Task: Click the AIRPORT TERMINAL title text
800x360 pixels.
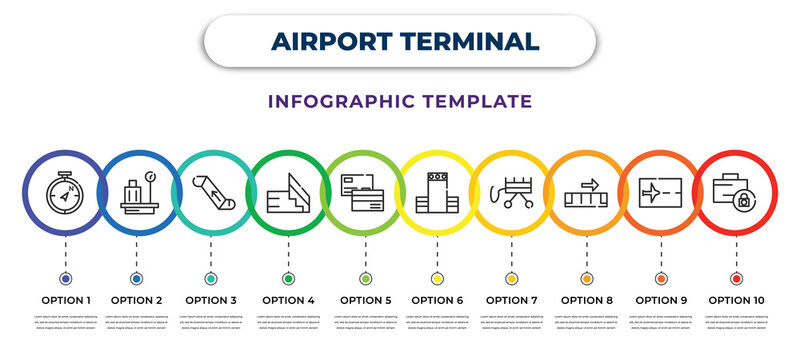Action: pyautogui.click(x=399, y=41)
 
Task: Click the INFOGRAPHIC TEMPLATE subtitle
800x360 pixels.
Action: pyautogui.click(x=400, y=101)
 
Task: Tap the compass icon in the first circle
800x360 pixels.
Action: pyautogui.click(x=65, y=192)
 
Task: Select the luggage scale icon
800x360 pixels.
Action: pyautogui.click(x=138, y=192)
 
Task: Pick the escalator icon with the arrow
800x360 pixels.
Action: pyautogui.click(x=212, y=190)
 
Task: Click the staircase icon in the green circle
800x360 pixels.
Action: pyautogui.click(x=288, y=192)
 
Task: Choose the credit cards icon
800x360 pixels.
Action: pyautogui.click(x=364, y=192)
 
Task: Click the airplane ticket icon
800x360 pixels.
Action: pyautogui.click(x=661, y=192)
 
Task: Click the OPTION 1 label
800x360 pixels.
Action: pyautogui.click(x=65, y=299)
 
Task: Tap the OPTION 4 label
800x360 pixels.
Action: pyautogui.click(x=288, y=299)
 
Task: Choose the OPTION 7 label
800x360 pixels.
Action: pyautogui.click(x=512, y=299)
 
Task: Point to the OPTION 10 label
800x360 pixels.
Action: pyautogui.click(x=736, y=299)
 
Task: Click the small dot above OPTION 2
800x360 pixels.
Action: pyautogui.click(x=136, y=278)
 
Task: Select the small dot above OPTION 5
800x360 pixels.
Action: pyautogui.click(x=365, y=278)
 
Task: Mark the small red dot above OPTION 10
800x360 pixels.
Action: pyautogui.click(x=736, y=278)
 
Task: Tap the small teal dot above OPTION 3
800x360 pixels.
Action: pyautogui.click(x=211, y=278)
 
